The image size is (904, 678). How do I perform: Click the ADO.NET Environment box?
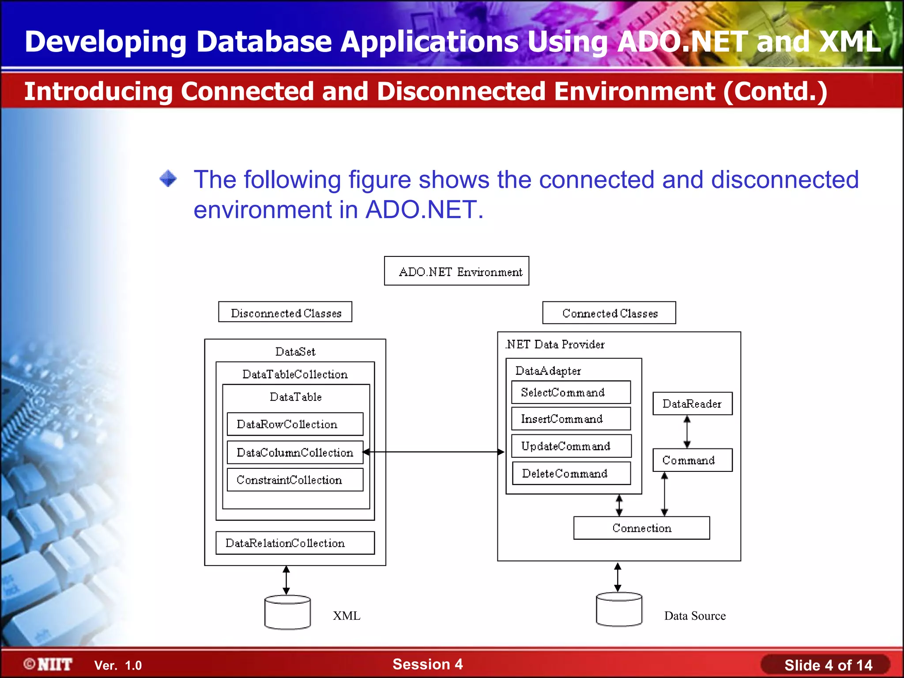[456, 271]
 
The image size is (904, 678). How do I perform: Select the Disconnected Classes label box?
[285, 312]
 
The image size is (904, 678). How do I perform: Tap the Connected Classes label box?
[609, 313]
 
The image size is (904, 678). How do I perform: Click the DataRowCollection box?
[295, 424]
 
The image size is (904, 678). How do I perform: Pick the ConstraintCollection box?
[295, 480]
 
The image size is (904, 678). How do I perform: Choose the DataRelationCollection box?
[295, 543]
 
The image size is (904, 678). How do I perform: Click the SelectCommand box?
[571, 392]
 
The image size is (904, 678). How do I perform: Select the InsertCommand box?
[571, 419]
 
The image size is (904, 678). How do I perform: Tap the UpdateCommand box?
[571, 446]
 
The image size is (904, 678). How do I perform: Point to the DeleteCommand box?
[571, 474]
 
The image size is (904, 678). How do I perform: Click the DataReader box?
[692, 403]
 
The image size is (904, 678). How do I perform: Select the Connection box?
[641, 528]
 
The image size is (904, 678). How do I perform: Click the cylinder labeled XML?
[287, 612]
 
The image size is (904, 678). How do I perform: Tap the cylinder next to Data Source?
[619, 610]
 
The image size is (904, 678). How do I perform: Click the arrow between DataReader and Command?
[687, 432]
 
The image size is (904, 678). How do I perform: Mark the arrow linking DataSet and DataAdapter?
[433, 452]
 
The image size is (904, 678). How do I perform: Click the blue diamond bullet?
[168, 179]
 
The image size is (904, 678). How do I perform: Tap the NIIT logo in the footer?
[48, 664]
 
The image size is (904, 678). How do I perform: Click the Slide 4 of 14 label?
[828, 665]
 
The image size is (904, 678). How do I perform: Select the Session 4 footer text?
[427, 664]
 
